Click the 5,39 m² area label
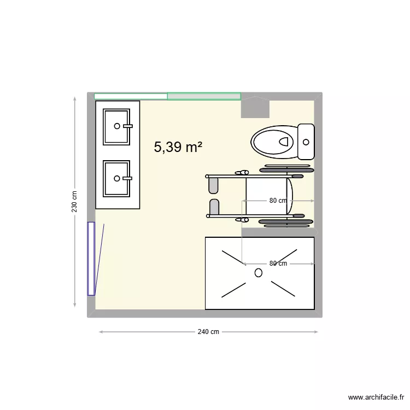(178, 147)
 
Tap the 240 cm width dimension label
(208, 332)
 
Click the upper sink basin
(116, 126)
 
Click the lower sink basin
(116, 178)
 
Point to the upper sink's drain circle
(116, 126)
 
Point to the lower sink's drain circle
(116, 178)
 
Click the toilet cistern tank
(306, 142)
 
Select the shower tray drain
(259, 272)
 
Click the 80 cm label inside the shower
(278, 263)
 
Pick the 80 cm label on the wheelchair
(278, 201)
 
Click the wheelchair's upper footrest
(214, 186)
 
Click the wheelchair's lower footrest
(214, 207)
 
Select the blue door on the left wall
(91, 259)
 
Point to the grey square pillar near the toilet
(255, 107)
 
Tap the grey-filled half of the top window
(204, 96)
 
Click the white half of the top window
(131, 96)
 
